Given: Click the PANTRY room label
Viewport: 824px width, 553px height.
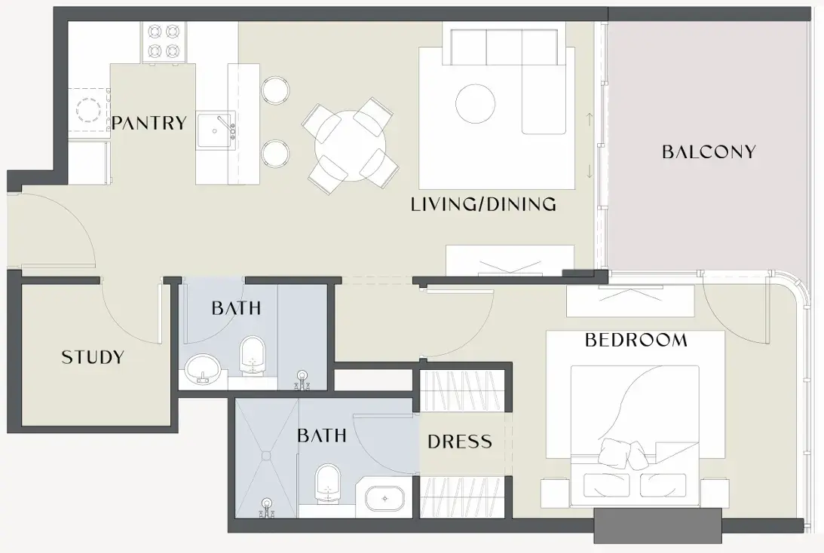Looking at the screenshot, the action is pyautogui.click(x=149, y=123).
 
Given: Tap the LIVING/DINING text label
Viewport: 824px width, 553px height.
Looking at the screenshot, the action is pyautogui.click(x=483, y=203).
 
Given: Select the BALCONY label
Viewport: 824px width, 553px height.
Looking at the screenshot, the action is pyautogui.click(x=709, y=151).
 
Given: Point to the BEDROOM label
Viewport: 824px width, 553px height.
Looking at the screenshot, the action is pyautogui.click(x=636, y=340).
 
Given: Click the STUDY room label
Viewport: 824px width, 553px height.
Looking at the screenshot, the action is pyautogui.click(x=93, y=357).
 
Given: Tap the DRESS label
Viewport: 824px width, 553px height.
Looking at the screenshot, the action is pyautogui.click(x=460, y=441).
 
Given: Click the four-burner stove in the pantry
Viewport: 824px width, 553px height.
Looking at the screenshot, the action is pyautogui.click(x=164, y=42).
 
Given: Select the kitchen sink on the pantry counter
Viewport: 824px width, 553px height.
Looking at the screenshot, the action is pyautogui.click(x=216, y=131).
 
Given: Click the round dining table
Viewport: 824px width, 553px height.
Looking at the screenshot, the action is pyautogui.click(x=350, y=145).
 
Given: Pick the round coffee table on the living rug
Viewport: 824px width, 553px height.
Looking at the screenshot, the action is pyautogui.click(x=476, y=103).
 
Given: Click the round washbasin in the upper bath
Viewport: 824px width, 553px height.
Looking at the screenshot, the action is pyautogui.click(x=203, y=367).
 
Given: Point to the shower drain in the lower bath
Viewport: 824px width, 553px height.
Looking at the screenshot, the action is pyautogui.click(x=267, y=454).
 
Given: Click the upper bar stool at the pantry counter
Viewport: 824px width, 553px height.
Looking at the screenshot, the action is pyautogui.click(x=275, y=90).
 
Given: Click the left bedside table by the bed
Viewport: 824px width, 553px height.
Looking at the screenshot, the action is pyautogui.click(x=555, y=492).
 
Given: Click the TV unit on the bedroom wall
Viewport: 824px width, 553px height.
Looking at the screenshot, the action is pyautogui.click(x=630, y=301).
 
